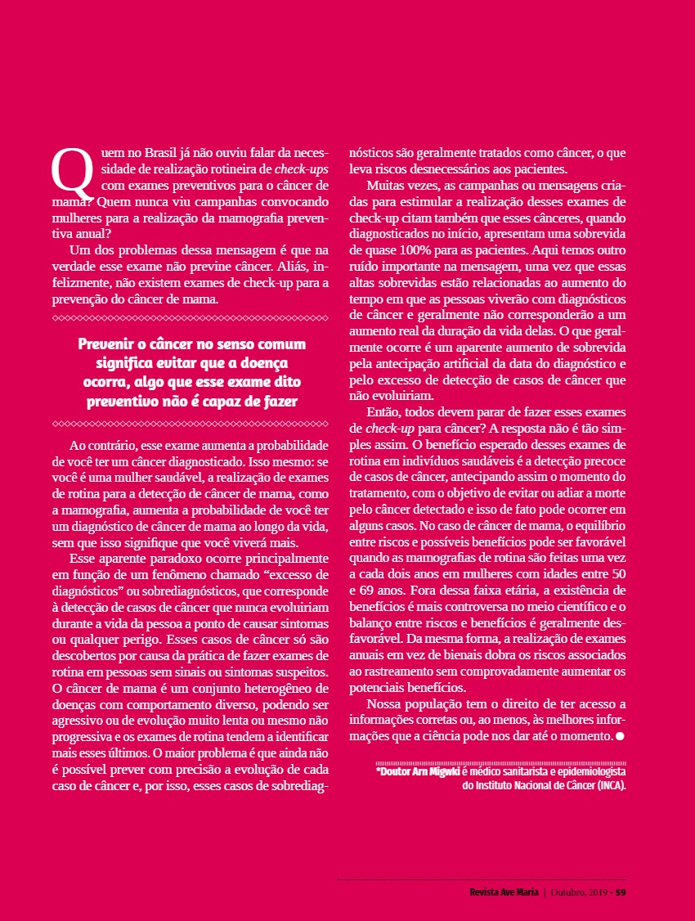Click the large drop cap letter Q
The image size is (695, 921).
tap(68, 170)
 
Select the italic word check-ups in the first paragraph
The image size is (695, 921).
tap(301, 169)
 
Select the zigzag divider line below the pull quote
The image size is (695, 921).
tap(190, 424)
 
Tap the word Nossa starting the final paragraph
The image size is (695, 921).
tap(384, 703)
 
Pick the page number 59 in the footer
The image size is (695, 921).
tap(621, 892)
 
